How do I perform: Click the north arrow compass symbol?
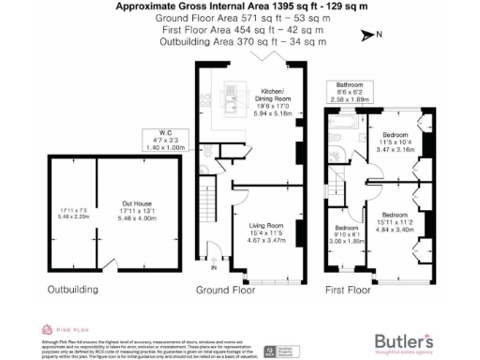[x=367, y=36]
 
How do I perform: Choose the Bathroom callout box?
[x=351, y=91]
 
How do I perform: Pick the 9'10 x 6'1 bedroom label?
[x=346, y=234]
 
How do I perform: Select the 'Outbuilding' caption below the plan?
[x=71, y=290]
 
